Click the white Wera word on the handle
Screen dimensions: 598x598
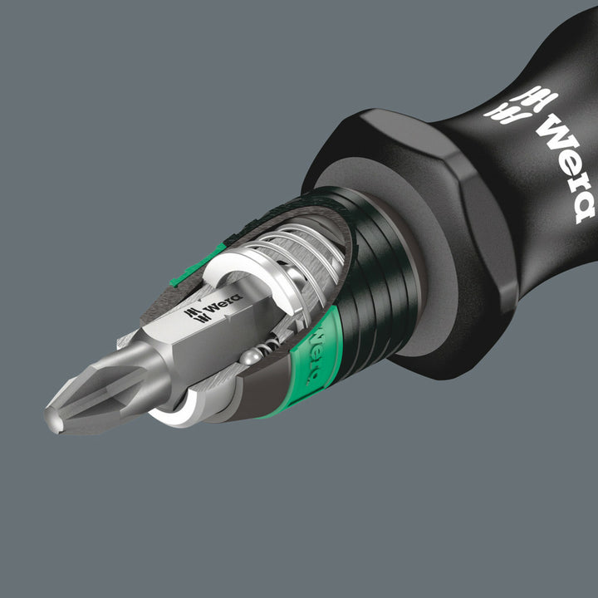(565, 170)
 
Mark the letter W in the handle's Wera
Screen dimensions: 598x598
(551, 133)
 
